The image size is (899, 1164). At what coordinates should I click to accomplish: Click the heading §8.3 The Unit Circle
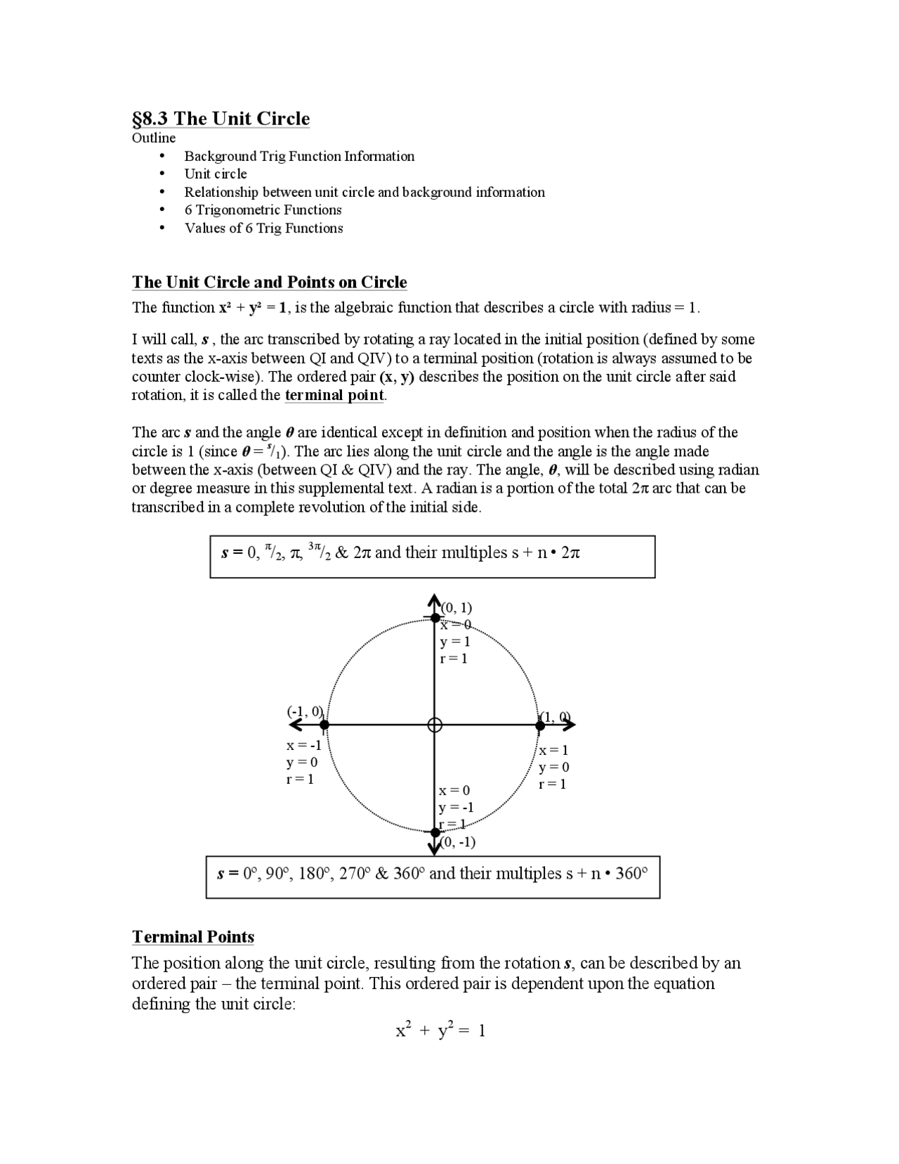221,118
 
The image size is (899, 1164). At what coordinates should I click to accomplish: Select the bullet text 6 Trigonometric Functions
263,209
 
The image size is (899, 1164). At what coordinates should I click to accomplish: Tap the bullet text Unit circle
216,174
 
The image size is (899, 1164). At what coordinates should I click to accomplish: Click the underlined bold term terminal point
334,395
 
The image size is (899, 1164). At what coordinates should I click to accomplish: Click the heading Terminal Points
193,936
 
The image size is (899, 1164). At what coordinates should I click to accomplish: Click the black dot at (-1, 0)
324,725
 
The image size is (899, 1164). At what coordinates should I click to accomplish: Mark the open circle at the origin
435,725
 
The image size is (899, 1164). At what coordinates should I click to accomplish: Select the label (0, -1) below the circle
457,842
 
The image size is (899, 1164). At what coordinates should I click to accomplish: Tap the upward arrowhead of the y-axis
434,602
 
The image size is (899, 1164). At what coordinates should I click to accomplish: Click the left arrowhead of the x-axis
295,725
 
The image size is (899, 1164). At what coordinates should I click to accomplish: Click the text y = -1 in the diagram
456,808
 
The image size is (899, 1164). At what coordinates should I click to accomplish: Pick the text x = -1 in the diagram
303,745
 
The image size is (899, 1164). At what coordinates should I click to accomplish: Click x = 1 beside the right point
553,750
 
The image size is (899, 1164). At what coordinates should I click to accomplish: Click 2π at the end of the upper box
570,553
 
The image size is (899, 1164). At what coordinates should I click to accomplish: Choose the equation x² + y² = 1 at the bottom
440,1030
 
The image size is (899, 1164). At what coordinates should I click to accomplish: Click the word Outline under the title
154,138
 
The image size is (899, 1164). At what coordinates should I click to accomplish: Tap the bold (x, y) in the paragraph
397,377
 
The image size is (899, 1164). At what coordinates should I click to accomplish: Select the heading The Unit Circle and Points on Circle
270,283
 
